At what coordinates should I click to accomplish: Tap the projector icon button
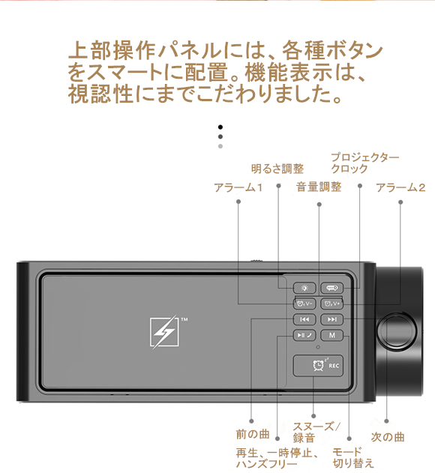(331, 288)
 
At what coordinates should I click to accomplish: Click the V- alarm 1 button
(304, 304)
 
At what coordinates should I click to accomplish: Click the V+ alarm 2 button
(331, 304)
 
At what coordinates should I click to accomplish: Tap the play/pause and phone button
(304, 335)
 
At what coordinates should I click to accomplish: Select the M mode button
(331, 335)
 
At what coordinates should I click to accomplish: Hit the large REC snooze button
(318, 366)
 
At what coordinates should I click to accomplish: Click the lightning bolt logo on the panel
(164, 332)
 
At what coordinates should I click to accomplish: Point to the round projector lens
(396, 331)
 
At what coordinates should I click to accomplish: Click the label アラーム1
(238, 187)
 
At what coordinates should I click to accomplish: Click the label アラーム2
(400, 187)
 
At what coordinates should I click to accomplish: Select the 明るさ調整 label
(277, 169)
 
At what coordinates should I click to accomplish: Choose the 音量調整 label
(319, 187)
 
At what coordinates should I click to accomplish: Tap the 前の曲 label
(253, 434)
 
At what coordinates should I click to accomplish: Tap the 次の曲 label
(388, 437)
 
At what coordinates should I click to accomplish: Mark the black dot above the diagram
(220, 127)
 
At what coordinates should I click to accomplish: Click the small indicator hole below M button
(318, 347)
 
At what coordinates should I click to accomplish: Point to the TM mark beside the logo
(184, 319)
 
